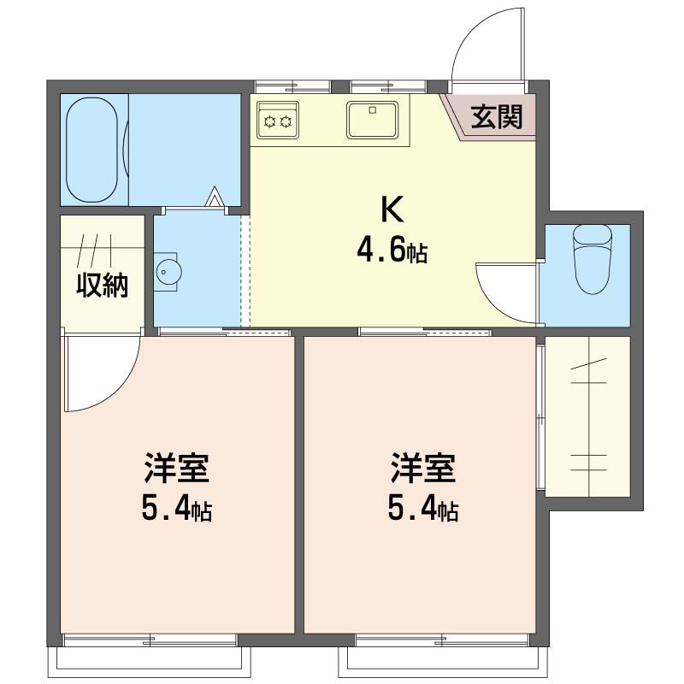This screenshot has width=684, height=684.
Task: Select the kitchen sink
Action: click(x=372, y=120)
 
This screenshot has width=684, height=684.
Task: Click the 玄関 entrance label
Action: click(x=497, y=116)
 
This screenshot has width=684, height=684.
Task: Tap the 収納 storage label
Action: click(x=103, y=286)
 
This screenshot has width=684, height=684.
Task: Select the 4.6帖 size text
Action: click(x=392, y=252)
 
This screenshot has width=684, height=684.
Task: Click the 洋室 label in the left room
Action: click(x=176, y=469)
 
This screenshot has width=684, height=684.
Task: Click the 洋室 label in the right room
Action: click(x=422, y=469)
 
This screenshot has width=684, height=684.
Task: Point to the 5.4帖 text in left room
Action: click(x=176, y=510)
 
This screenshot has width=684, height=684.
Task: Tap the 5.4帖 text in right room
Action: click(x=422, y=510)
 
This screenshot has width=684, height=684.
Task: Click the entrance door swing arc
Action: click(x=479, y=43)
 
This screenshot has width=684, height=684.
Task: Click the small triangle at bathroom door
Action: click(x=216, y=198)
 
